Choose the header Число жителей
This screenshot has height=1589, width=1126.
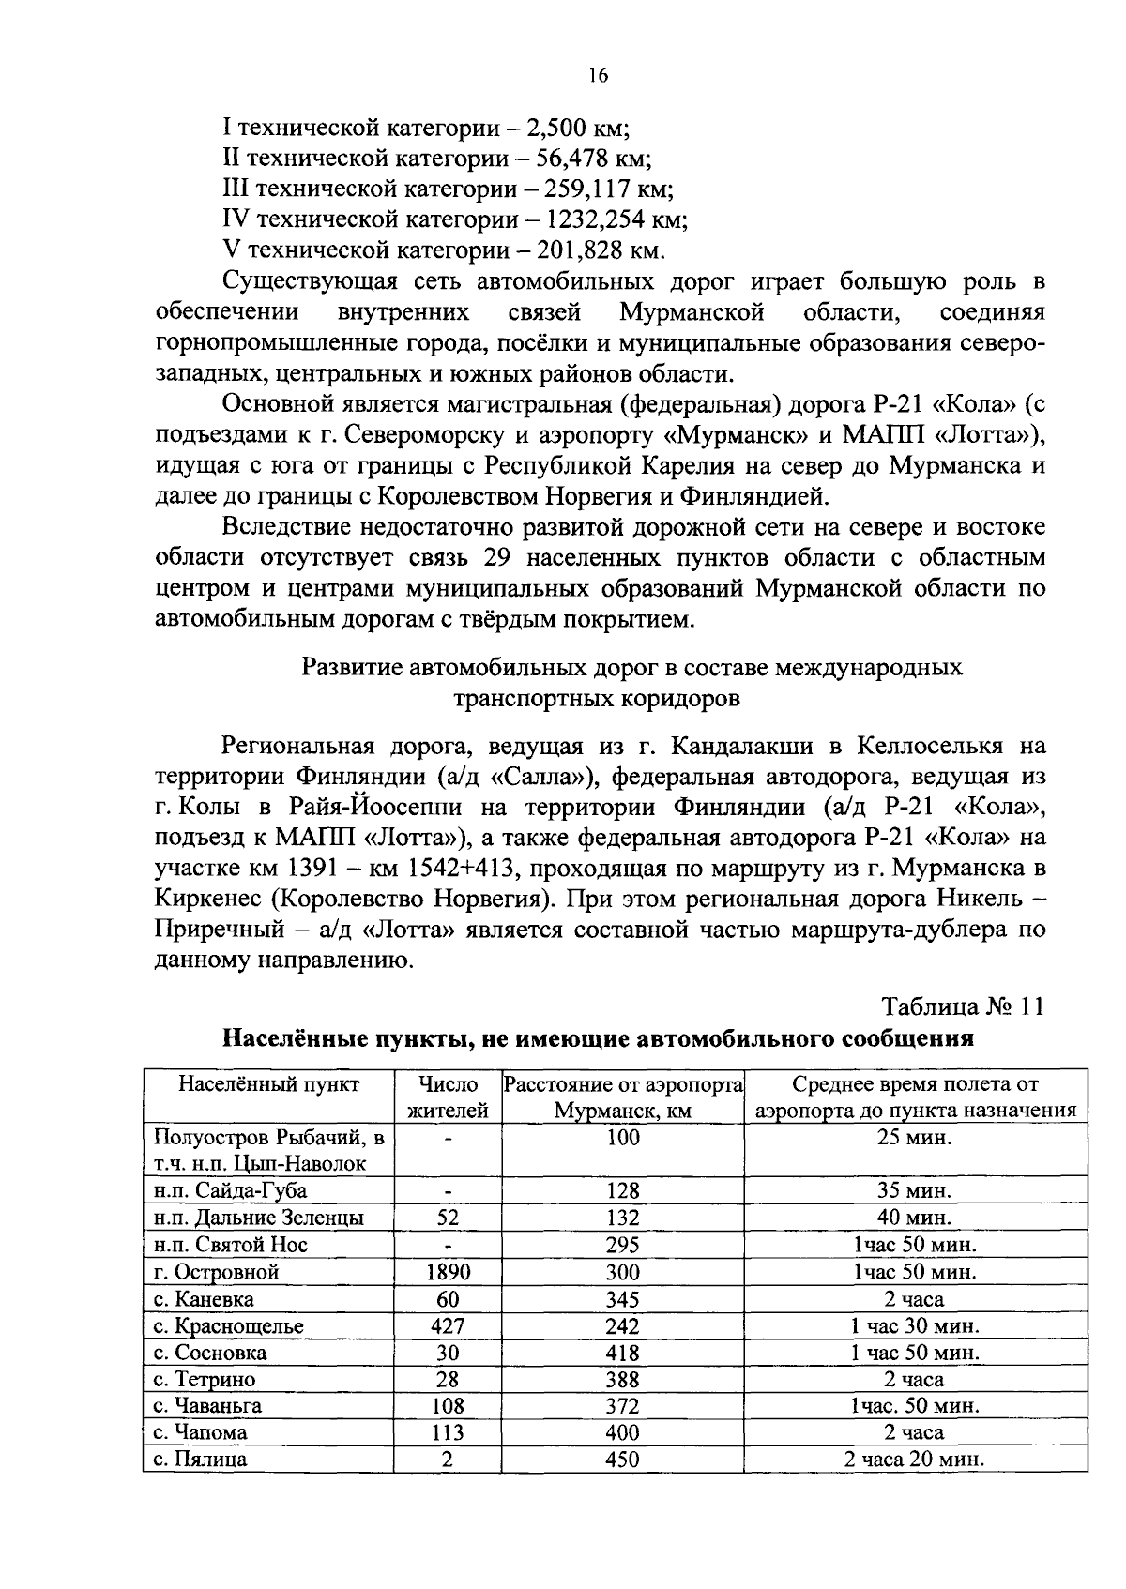(x=448, y=1097)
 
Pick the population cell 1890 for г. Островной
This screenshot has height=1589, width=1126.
(x=448, y=1272)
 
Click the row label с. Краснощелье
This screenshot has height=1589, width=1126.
(x=229, y=1326)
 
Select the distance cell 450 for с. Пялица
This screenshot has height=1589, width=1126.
(x=622, y=1460)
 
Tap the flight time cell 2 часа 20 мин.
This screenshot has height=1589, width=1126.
(x=915, y=1460)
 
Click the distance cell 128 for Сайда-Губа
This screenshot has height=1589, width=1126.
(x=622, y=1190)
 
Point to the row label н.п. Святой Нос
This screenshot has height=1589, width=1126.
(x=231, y=1245)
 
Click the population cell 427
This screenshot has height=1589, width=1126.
(x=448, y=1326)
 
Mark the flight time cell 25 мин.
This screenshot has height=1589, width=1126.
(x=915, y=1138)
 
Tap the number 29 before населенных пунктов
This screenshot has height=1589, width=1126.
(x=496, y=558)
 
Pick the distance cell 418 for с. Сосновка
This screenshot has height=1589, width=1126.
(x=622, y=1353)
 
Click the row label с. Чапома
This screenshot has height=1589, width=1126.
(x=201, y=1432)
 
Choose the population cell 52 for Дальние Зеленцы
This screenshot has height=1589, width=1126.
(x=448, y=1218)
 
